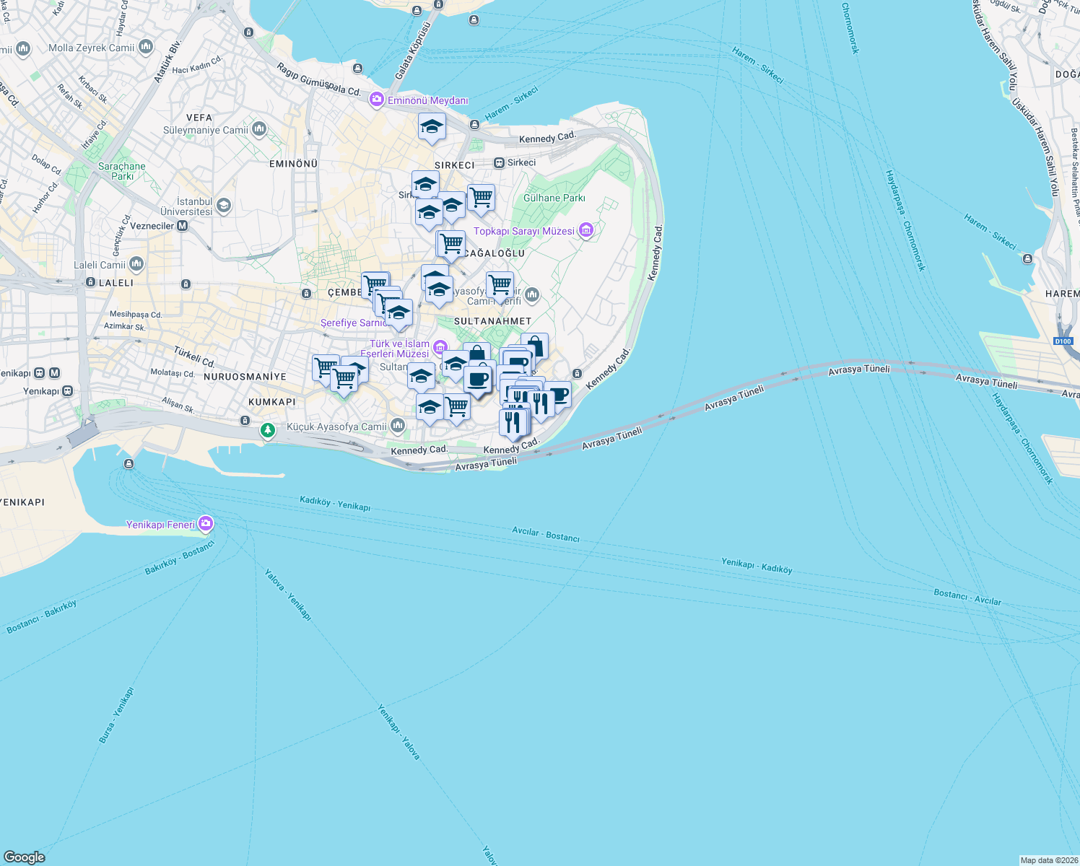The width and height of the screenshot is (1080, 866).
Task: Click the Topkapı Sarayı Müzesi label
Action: tap(524, 231)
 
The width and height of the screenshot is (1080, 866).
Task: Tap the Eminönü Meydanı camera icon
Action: tap(376, 100)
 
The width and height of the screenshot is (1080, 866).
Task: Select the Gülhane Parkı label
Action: tap(554, 198)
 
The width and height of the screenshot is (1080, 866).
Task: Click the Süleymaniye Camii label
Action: tap(206, 131)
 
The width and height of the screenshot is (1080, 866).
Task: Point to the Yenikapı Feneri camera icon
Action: tap(206, 524)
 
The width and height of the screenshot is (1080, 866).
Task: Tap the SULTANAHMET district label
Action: tap(493, 321)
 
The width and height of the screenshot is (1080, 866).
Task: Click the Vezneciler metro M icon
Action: tap(182, 226)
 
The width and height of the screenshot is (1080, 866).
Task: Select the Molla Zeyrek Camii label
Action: tap(92, 48)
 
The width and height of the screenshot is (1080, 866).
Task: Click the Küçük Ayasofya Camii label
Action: tap(337, 427)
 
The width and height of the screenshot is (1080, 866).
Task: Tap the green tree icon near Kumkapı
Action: tap(268, 431)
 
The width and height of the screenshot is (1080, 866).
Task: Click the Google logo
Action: tap(24, 857)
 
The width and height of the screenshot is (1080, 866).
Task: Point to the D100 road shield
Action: tap(1063, 341)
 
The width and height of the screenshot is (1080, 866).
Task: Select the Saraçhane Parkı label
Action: tap(122, 171)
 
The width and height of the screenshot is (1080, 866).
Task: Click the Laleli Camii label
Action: tap(100, 265)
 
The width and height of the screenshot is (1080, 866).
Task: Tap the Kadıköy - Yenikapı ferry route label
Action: tap(335, 503)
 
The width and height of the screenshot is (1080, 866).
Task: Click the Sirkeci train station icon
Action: tap(499, 163)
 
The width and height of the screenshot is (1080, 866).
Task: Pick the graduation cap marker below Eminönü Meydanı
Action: tap(432, 127)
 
